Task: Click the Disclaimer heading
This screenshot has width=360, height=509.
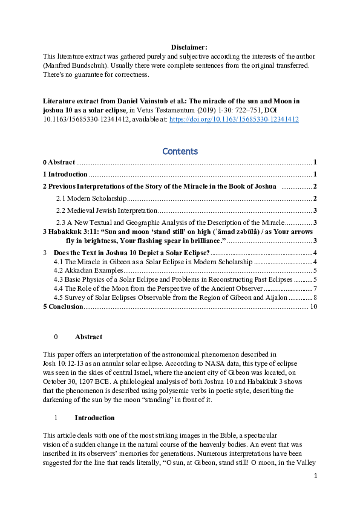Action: [x=189, y=47]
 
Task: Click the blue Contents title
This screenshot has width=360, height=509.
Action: [x=180, y=151]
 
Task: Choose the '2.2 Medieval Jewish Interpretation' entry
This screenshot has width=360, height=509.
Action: [x=106, y=210]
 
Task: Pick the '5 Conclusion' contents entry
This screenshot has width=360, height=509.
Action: [x=63, y=306]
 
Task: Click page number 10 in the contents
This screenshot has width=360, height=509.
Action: [x=313, y=306]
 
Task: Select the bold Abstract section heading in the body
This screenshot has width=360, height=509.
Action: [x=88, y=337]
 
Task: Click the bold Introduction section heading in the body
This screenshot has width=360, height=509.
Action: [x=94, y=418]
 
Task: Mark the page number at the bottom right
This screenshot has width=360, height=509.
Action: [x=315, y=493]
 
